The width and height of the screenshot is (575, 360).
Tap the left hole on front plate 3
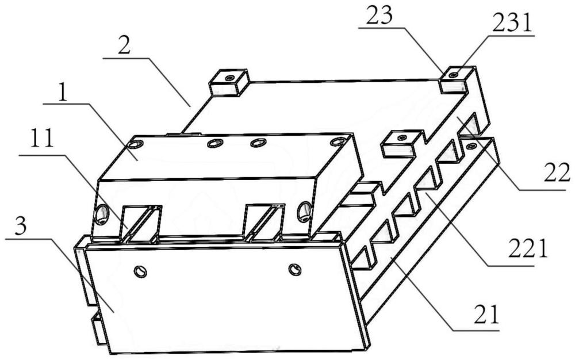pyautogui.click(x=140, y=271)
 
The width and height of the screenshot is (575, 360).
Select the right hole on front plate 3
pyautogui.click(x=295, y=269)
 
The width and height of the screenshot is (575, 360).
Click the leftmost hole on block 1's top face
pyautogui.click(x=138, y=144)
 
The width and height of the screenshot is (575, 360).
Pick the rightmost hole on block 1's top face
pyautogui.click(x=336, y=141)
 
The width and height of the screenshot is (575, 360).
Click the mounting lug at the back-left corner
pyautogui.click(x=229, y=82)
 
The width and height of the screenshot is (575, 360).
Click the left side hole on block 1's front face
pyautogui.click(x=102, y=215)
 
